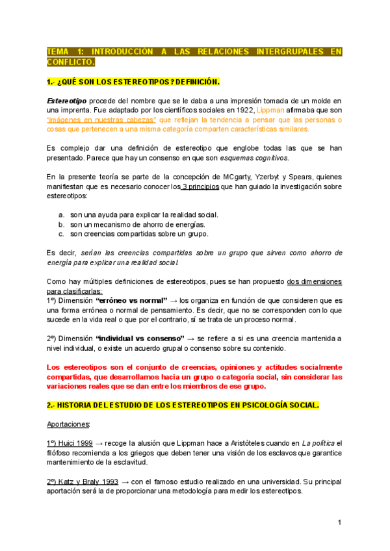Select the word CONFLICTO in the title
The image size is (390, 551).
tap(70, 62)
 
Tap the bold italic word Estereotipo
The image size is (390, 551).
tap(68, 101)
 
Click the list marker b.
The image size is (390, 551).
tap(61, 224)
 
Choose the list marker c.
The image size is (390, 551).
tap(61, 234)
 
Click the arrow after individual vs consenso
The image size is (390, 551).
tap(190, 338)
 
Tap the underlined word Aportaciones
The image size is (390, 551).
tap(69, 424)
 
